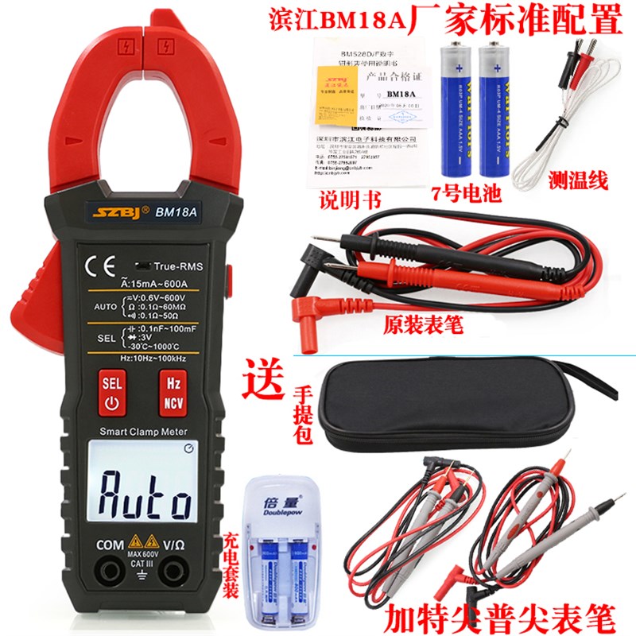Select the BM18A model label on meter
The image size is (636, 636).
click(x=176, y=212)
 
